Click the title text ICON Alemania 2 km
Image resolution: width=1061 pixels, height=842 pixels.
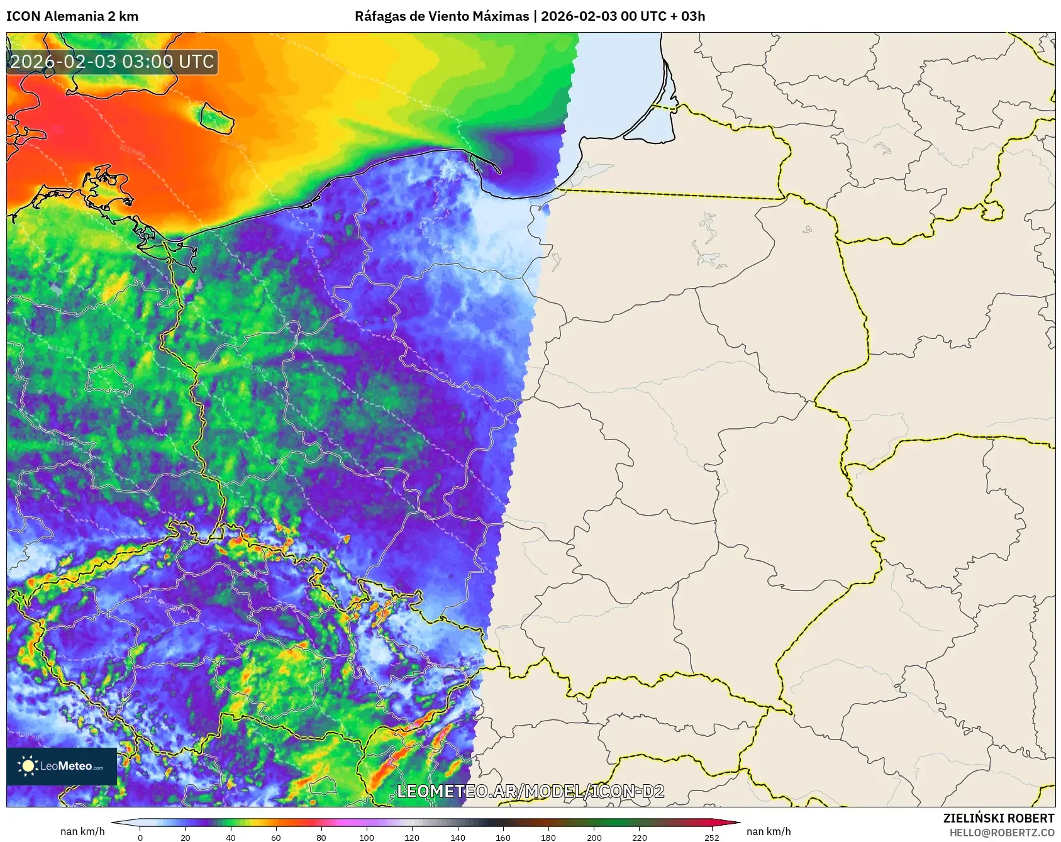[72, 16]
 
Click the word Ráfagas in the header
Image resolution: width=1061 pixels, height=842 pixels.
[380, 16]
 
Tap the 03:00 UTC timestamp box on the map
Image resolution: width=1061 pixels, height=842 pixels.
[112, 62]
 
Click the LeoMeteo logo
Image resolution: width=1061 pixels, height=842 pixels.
[62, 766]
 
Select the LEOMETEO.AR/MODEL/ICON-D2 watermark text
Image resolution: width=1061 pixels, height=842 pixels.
[530, 791]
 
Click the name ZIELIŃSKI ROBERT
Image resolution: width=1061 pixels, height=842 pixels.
[998, 818]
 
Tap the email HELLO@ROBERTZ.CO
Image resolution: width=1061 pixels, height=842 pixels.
[1001, 833]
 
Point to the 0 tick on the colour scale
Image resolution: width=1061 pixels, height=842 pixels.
[140, 837]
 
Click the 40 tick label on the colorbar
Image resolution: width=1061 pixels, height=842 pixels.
[231, 837]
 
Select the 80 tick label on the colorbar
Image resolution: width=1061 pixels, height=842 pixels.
[321, 837]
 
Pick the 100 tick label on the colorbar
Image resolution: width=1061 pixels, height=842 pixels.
[367, 837]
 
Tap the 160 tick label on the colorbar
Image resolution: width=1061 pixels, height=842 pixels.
[503, 837]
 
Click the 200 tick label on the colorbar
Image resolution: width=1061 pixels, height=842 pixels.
[594, 837]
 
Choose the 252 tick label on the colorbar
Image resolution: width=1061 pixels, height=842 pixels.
[712, 837]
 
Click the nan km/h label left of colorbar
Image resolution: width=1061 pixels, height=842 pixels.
[82, 831]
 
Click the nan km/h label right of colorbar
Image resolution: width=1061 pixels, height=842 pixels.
[769, 831]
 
